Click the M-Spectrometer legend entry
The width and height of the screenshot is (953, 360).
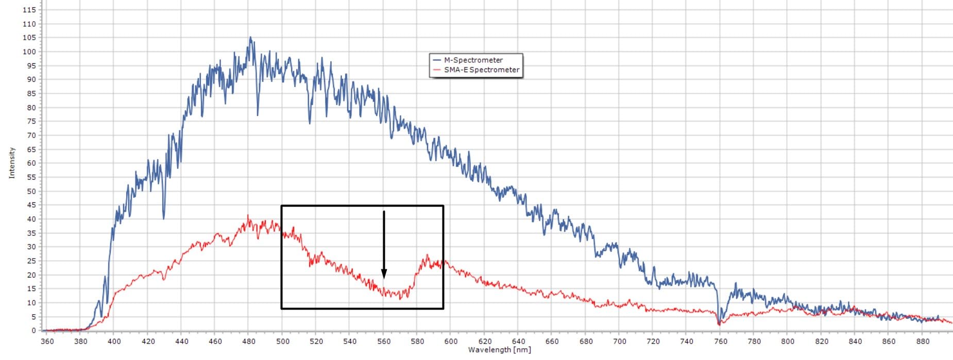pos(473,60)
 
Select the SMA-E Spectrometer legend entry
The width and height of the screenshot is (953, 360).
pos(481,70)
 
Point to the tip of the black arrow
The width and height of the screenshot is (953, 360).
pos(384,278)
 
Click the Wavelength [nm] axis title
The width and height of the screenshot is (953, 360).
pos(499,350)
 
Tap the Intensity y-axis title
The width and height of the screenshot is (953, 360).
pos(12,163)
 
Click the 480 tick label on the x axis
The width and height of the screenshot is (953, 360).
pos(248,341)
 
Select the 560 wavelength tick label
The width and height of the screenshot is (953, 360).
pos(384,341)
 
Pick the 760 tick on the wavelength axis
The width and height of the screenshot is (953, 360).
pos(721,341)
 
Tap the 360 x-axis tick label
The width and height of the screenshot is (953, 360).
pos(46,341)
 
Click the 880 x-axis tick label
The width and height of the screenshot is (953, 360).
pos(923,341)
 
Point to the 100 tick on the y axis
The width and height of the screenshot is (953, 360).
pos(29,52)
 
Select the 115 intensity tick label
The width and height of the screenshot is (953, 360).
pos(29,10)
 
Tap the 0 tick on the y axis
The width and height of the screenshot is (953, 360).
pos(33,331)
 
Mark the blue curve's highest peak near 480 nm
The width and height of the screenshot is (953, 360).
pos(250,37)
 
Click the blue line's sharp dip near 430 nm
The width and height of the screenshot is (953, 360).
pos(164,218)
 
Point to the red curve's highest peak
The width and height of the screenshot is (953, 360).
pos(248,216)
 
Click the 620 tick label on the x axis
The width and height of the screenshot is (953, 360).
pos(485,341)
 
